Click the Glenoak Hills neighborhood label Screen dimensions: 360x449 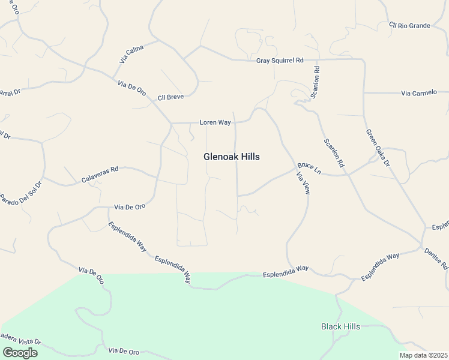(231, 157)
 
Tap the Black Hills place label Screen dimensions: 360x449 (340, 326)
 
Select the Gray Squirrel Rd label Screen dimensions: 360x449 (280, 61)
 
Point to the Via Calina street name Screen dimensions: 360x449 (131, 55)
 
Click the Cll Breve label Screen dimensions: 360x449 (170, 97)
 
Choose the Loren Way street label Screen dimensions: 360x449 (215, 122)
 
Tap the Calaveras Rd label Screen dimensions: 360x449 (100, 170)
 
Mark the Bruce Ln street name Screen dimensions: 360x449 (309, 169)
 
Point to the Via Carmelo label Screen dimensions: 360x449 (419, 93)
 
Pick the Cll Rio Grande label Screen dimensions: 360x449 (409, 25)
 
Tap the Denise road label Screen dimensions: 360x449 (436, 257)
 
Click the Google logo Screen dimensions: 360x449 (20, 353)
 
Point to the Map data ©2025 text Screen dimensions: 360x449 (423, 355)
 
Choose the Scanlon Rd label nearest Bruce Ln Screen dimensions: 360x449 (334, 153)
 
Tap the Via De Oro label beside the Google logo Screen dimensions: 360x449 (124, 350)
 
